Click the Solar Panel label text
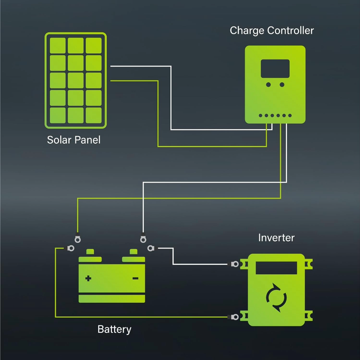tap(74, 140)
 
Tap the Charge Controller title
tap(272, 31)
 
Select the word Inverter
tap(276, 238)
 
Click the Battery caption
tap(114, 329)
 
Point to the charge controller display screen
tap(275, 69)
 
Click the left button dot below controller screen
tap(269, 85)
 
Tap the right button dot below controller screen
tap(282, 85)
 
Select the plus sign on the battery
tap(88, 278)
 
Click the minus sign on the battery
tap(135, 278)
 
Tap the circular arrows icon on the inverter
tap(276, 297)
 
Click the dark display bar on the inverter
tap(276, 268)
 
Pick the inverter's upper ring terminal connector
tap(235, 264)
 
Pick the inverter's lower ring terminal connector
tap(235, 317)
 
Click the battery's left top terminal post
tap(90, 252)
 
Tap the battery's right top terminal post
tap(133, 252)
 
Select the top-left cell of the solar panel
tap(58, 46)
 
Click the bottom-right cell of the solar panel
tap(94, 115)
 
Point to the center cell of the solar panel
tap(76, 80)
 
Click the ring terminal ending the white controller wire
tap(143, 239)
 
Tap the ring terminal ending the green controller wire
tap(78, 239)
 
